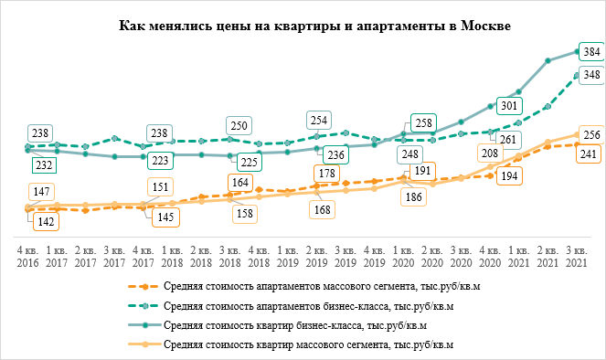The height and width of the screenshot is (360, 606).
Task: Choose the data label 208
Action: click(490, 154)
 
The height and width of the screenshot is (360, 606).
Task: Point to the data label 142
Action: click(42, 222)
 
